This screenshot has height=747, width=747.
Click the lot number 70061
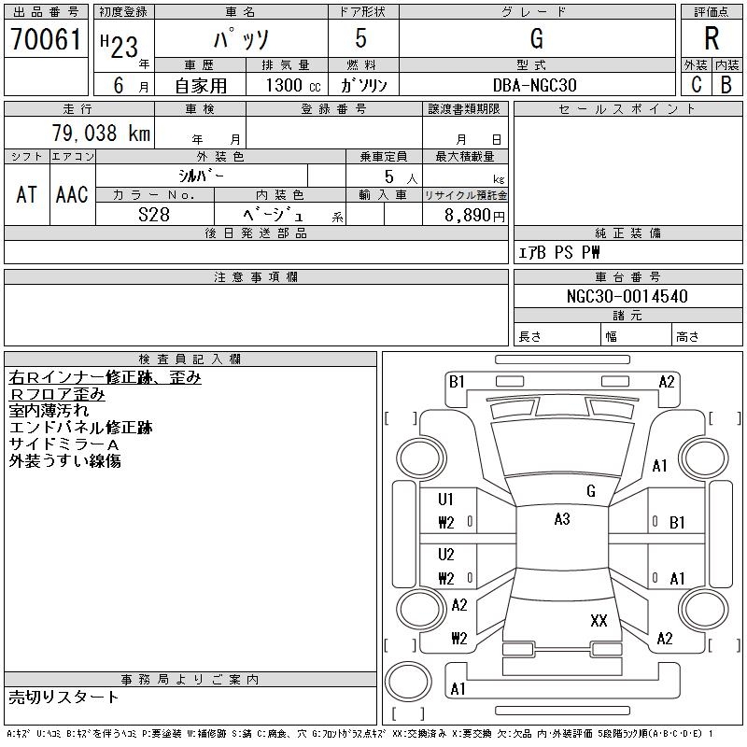coord(46,38)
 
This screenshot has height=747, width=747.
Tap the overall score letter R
coord(712,38)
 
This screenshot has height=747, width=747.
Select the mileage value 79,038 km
coord(101,133)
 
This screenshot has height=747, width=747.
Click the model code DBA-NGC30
coord(534,85)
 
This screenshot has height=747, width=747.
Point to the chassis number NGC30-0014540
coord(627,296)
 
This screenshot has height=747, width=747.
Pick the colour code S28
coord(154,215)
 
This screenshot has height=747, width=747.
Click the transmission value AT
coord(27,194)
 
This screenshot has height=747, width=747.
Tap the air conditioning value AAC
coord(72,194)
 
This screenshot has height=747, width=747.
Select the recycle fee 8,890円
coord(474,216)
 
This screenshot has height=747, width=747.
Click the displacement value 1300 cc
coord(293,85)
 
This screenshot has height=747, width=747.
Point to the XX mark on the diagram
coord(599,620)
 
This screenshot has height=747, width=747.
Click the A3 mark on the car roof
coord(562,519)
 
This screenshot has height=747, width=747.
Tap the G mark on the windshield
coord(591,491)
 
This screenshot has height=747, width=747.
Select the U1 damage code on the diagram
coord(446,500)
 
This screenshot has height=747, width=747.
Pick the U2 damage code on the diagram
coord(446,555)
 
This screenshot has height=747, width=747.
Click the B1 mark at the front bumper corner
coord(457,382)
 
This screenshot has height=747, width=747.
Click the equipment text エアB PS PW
coord(558,252)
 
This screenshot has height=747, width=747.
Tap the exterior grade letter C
coord(697,84)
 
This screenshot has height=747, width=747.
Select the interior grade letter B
coord(726,84)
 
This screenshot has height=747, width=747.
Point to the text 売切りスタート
coord(63,697)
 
